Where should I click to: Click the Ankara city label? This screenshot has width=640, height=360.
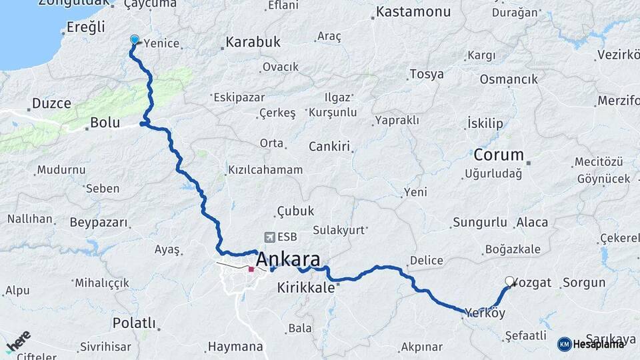click(x=287, y=259)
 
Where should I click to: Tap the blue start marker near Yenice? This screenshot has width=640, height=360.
click(x=134, y=40)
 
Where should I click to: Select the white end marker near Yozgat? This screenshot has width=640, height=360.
click(x=510, y=281)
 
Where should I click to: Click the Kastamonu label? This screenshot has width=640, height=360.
click(x=413, y=12)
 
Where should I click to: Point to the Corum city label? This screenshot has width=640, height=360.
click(x=499, y=155)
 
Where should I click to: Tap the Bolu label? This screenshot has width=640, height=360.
click(x=105, y=123)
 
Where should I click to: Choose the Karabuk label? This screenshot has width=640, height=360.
click(x=253, y=42)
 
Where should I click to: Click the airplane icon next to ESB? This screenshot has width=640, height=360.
click(x=270, y=237)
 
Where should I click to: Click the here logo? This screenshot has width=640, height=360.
click(x=19, y=343)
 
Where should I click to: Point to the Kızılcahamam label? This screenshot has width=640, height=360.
click(x=265, y=170)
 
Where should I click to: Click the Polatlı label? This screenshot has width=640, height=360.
click(x=134, y=323)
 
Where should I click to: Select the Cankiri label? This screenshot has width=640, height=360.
click(x=329, y=147)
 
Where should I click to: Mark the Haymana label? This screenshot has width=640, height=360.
click(x=235, y=347)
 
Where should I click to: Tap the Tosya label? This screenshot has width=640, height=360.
click(x=426, y=74)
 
